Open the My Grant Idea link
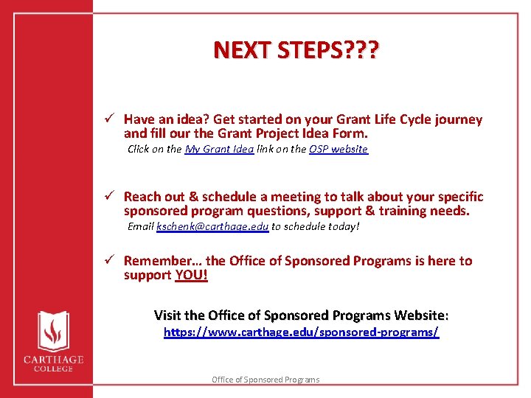click(219, 150)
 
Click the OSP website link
click(338, 150)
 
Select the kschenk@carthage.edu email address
click(212, 227)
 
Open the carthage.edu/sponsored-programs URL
click(301, 332)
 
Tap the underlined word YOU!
click(192, 276)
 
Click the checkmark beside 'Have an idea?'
click(108, 119)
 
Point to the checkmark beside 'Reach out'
click(108, 197)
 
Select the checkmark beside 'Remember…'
click(108, 261)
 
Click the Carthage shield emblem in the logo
click(52, 331)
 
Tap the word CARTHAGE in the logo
click(52, 360)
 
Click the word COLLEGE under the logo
click(52, 369)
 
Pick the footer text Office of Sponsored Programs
click(265, 380)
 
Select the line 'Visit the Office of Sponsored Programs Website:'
click(301, 315)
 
